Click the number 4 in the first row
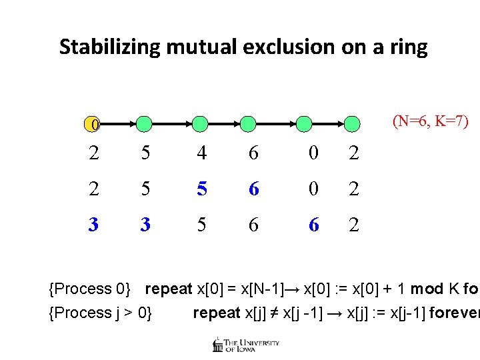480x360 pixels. point(201,153)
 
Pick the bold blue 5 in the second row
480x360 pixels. point(201,189)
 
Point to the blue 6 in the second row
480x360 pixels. point(254,189)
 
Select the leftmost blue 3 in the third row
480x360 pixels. point(95,225)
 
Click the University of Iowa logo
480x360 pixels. point(245,345)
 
